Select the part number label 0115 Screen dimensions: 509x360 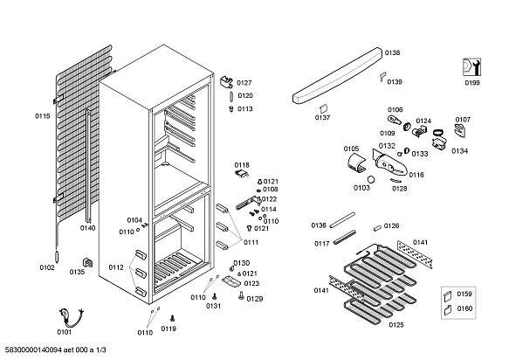click(x=43, y=116)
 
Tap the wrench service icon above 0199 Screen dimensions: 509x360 click(x=471, y=67)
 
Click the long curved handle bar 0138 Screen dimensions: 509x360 click(x=338, y=75)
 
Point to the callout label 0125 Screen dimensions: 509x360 click(x=396, y=324)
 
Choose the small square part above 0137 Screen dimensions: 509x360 click(x=323, y=109)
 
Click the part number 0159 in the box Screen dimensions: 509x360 click(x=464, y=294)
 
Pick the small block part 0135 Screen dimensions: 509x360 click(x=87, y=262)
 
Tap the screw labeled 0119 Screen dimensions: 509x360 click(x=172, y=317)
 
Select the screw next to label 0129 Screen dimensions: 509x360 click(x=241, y=295)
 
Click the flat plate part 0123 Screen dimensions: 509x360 click(x=231, y=281)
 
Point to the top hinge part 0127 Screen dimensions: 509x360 click(x=227, y=82)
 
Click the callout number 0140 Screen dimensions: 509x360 click(x=87, y=228)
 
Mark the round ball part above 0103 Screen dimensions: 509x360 click(x=371, y=179)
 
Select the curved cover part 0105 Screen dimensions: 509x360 click(x=356, y=163)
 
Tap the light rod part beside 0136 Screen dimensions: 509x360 click(x=342, y=220)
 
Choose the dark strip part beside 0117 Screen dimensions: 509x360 click(x=344, y=237)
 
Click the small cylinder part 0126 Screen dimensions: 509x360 click(x=377, y=228)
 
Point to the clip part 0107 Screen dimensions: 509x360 click(x=460, y=130)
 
